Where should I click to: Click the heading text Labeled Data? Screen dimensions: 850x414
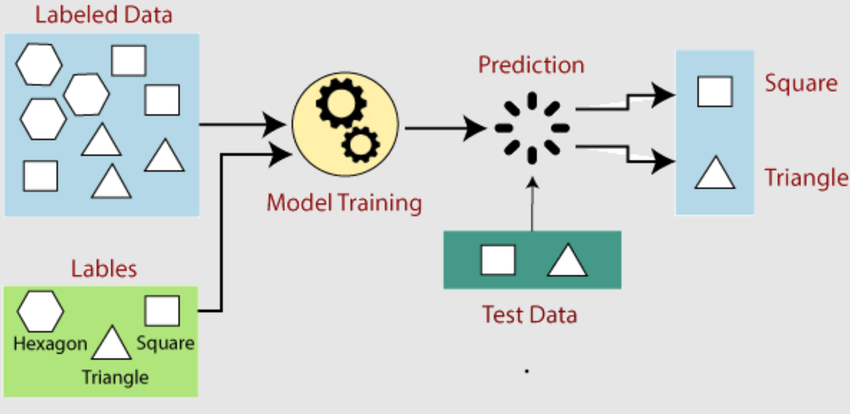tap(104, 15)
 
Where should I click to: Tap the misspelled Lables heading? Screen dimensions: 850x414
tap(104, 269)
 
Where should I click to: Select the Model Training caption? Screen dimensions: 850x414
tap(344, 203)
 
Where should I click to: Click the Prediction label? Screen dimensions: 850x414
tap(531, 64)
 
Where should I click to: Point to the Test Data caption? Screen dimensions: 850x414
tap(530, 315)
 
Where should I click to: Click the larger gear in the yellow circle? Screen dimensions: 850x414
tap(341, 103)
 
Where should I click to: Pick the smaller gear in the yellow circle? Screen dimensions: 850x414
tap(361, 145)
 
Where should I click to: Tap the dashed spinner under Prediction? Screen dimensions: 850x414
tap(532, 128)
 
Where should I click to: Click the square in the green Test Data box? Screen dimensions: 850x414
tap(498, 260)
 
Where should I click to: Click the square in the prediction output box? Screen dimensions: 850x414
tap(715, 91)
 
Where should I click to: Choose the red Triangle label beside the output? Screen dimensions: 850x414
tap(806, 178)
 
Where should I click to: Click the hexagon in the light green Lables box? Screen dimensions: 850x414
tap(41, 311)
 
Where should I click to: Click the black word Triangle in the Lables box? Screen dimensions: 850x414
tap(115, 378)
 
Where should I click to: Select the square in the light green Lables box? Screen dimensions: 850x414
tap(162, 311)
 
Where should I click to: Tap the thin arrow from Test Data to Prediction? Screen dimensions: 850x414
tap(532, 204)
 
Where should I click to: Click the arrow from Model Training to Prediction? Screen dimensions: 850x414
tap(446, 129)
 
